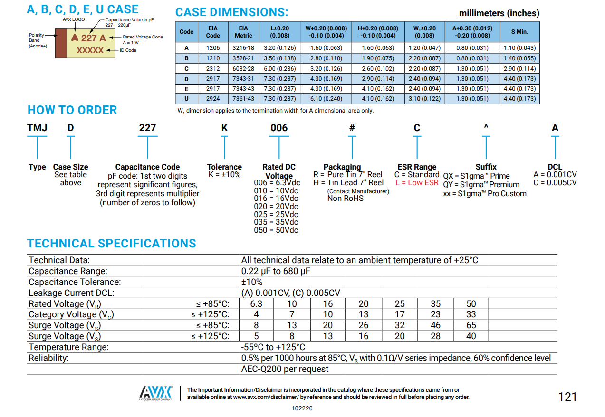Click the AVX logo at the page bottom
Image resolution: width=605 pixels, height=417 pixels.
coord(156,392)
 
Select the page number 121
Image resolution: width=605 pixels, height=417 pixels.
coord(567,397)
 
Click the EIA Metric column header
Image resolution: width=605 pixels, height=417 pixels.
coord(243,32)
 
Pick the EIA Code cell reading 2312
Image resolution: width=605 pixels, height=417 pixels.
coord(213,68)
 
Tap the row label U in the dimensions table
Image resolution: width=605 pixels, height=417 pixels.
coord(186,99)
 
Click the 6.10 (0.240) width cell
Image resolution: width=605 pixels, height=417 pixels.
coord(326,99)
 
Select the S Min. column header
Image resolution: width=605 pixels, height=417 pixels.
coord(519,32)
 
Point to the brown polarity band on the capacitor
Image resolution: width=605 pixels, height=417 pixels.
coord(61,44)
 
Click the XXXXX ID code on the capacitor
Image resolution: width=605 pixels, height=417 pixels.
coord(90,50)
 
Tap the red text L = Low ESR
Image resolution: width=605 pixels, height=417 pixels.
coord(417,183)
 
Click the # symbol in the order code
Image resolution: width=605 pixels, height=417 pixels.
coord(352,128)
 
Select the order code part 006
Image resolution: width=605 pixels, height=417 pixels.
coord(279,128)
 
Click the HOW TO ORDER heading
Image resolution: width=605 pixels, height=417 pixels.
coord(72,110)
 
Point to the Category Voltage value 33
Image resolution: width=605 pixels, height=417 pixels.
coord(471,314)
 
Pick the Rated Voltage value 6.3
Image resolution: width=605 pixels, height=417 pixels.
coord(256,304)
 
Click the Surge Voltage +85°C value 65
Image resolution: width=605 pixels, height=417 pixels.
coord(471,325)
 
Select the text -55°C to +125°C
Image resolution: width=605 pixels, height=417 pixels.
coord(273,347)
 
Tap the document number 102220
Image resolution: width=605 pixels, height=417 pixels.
coord(302,408)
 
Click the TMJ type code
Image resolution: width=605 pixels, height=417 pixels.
coord(37,128)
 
